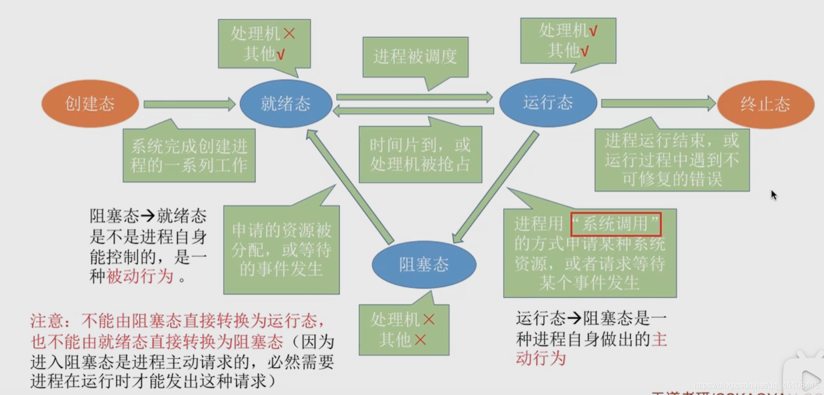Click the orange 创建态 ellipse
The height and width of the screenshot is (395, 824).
90,104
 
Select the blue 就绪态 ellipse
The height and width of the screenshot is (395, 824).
286,104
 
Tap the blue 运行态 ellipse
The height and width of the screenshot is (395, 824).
548,102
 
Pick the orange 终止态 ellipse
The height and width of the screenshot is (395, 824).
765,104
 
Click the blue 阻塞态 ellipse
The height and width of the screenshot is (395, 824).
424,265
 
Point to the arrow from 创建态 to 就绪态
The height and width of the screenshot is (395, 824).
189,104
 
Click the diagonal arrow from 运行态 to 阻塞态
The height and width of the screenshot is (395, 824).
495,187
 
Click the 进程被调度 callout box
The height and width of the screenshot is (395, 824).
415,56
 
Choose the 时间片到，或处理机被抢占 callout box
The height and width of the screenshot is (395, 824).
420,155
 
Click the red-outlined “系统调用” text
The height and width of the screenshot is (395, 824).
616,224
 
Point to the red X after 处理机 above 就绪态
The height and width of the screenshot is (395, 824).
290,34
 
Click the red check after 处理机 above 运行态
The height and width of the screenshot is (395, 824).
593,31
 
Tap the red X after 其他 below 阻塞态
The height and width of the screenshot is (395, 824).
420,339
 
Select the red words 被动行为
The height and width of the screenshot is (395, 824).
140,276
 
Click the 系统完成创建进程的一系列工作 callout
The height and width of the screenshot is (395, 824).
189,156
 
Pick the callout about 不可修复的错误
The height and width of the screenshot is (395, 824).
672,160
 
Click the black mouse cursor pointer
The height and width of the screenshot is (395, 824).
773,194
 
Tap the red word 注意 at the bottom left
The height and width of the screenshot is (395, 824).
47,321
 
